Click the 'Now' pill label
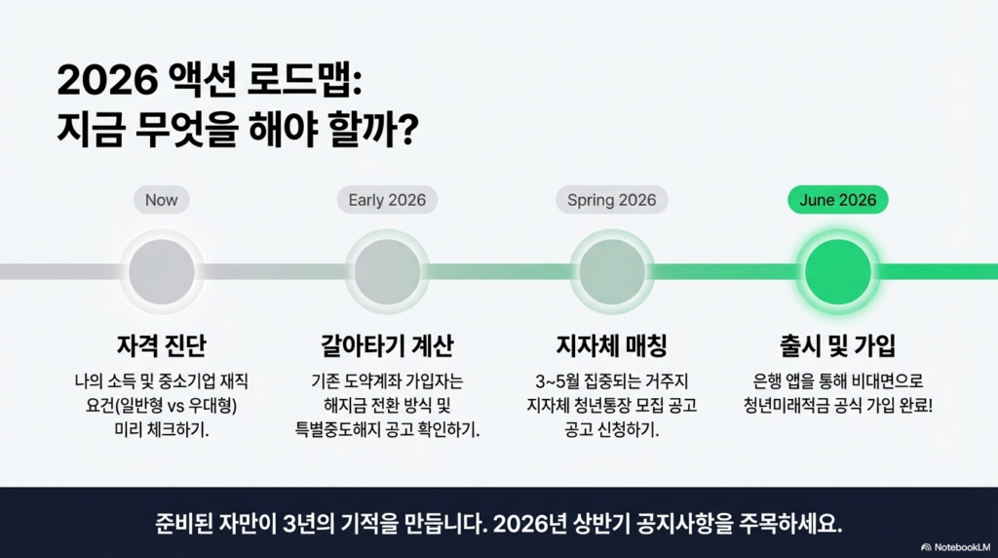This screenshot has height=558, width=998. [162, 200]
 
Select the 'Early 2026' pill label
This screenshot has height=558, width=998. [387, 200]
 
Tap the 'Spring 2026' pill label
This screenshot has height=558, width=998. [612, 200]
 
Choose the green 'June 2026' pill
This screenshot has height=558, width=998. [837, 200]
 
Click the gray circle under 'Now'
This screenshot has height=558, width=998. [162, 272]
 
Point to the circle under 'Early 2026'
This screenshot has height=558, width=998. [387, 272]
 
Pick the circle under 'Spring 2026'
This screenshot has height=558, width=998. [612, 272]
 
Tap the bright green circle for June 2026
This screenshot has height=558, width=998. [837, 272]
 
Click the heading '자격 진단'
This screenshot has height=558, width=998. [162, 346]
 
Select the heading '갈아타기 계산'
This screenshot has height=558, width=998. [387, 346]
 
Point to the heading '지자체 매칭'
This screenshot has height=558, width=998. [612, 346]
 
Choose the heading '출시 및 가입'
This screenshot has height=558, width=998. [837, 346]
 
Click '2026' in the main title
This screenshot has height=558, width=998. [107, 81]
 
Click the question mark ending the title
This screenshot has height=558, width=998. [407, 130]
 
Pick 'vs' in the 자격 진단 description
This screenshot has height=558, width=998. [175, 407]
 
